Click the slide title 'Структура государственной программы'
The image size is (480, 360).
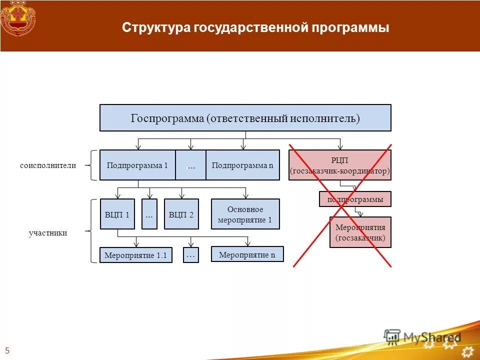click(x=255, y=27)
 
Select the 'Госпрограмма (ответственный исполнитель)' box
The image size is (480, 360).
click(x=245, y=118)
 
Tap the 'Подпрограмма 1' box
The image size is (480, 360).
click(x=137, y=165)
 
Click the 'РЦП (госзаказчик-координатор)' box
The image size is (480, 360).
click(x=340, y=165)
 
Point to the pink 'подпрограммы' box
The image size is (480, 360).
click(x=355, y=199)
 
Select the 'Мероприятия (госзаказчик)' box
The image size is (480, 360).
click(x=360, y=232)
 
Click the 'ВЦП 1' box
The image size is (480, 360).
click(x=117, y=214)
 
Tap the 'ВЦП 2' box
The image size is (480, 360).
click(x=181, y=214)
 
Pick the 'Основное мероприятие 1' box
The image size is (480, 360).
click(x=245, y=214)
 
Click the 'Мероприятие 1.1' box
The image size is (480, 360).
click(x=135, y=255)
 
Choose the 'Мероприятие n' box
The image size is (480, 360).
click(x=247, y=254)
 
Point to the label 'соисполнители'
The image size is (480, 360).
click(x=48, y=165)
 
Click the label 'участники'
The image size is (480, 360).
click(x=48, y=233)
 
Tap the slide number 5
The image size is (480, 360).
click(x=7, y=350)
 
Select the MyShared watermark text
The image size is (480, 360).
click(x=430, y=338)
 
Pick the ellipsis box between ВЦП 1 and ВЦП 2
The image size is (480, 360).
click(x=149, y=214)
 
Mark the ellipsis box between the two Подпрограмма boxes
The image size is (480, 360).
click(x=190, y=165)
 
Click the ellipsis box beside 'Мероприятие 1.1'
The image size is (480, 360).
click(x=190, y=255)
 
